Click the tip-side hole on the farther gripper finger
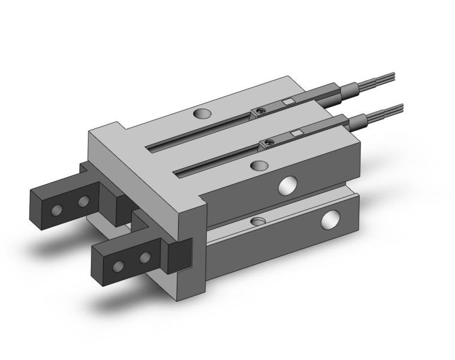[57, 209]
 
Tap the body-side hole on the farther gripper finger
[83, 200]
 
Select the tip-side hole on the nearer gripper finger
[119, 266]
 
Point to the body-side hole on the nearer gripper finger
[144, 258]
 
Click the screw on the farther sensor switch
[260, 111]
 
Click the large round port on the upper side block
[287, 185]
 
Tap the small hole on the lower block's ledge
[257, 222]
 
